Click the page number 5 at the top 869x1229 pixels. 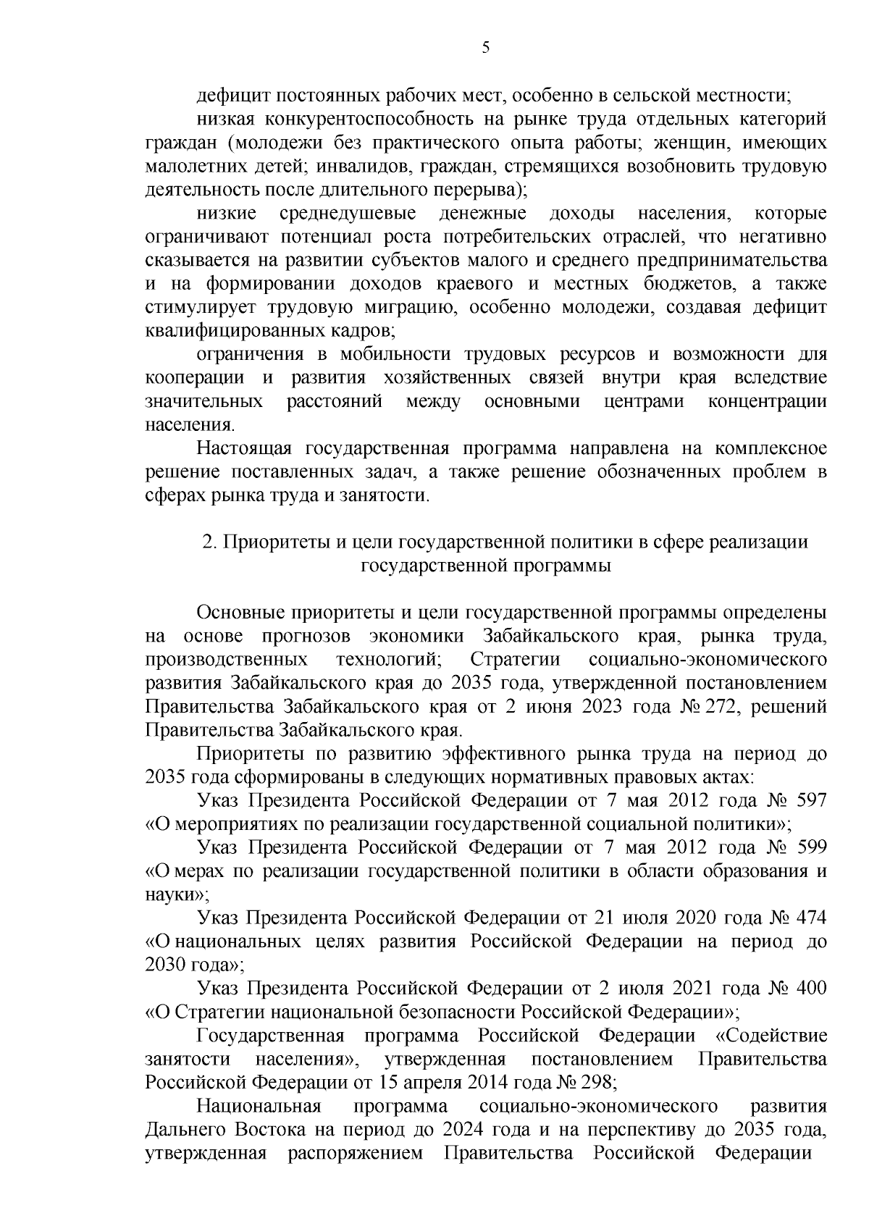(x=485, y=48)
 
